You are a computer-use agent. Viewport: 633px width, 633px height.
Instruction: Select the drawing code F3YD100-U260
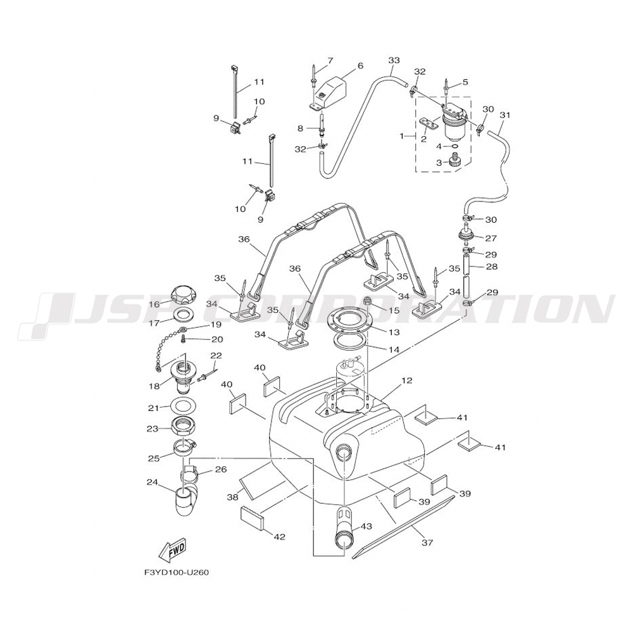tap(176, 572)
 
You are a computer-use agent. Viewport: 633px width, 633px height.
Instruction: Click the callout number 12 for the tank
tap(406, 381)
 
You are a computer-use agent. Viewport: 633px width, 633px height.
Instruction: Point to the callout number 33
tap(394, 61)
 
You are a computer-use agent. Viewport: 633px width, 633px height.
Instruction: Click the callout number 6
tap(360, 65)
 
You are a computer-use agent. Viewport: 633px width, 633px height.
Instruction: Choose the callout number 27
tap(492, 239)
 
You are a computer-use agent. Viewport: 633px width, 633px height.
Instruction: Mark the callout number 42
tap(279, 537)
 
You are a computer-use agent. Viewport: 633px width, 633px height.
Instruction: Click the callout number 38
tap(232, 497)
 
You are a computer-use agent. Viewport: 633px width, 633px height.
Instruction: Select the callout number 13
tap(394, 332)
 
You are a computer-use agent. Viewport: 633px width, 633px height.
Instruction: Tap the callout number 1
tap(402, 136)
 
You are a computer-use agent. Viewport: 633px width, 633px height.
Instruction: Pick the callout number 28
tap(492, 267)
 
